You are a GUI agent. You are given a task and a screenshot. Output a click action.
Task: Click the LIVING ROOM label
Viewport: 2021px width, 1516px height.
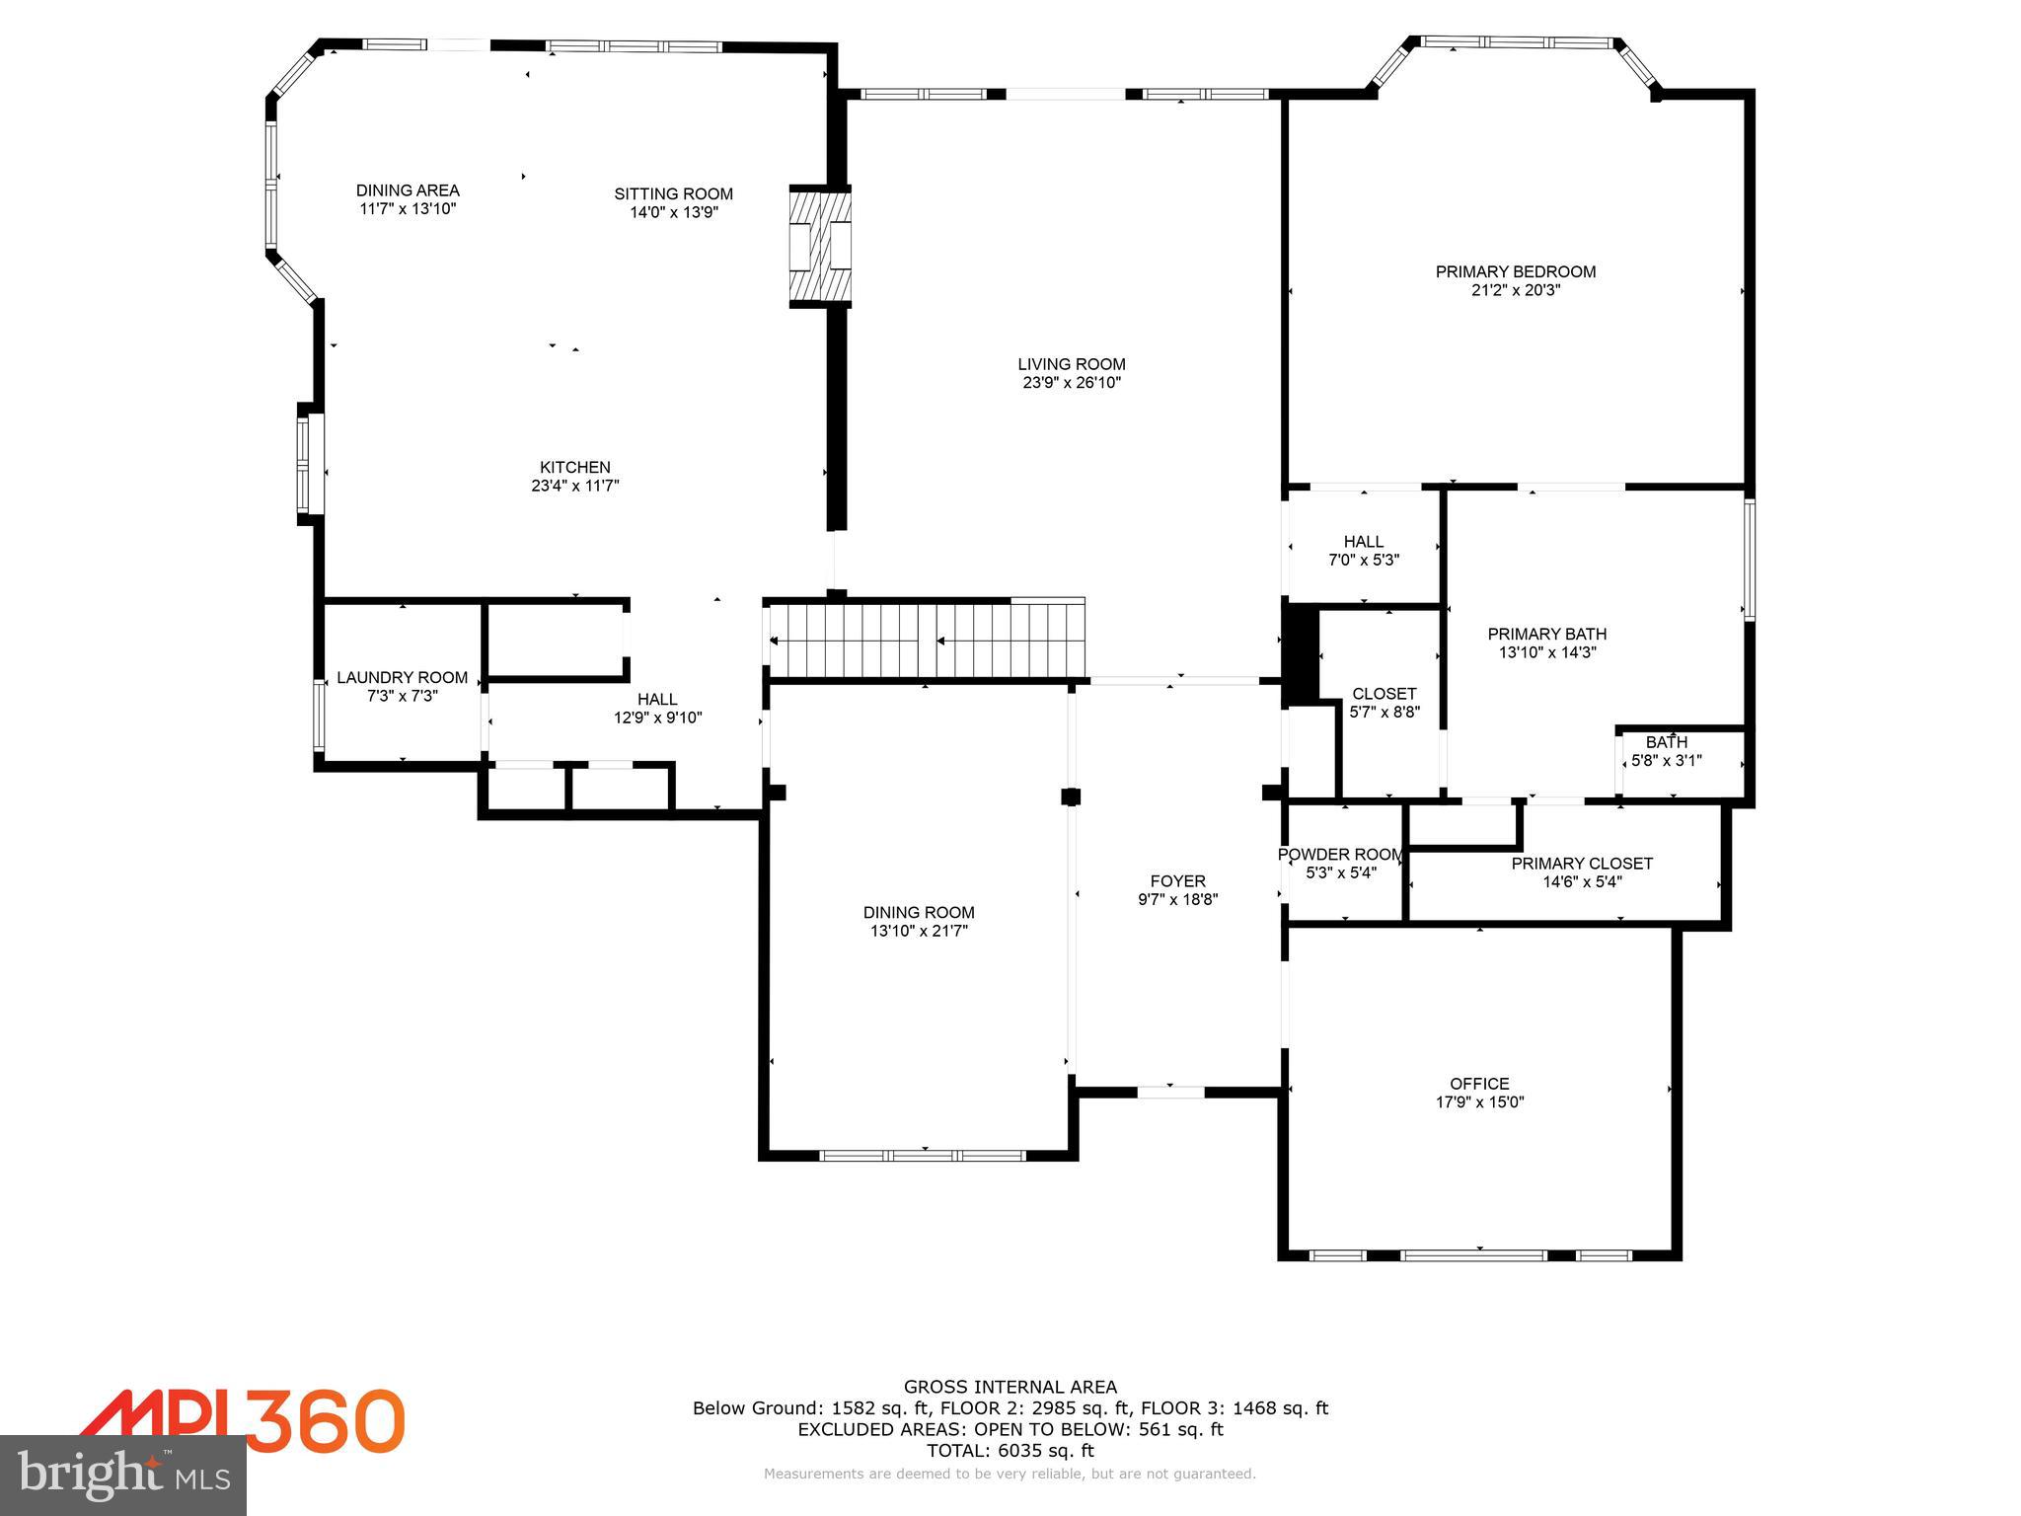pyautogui.click(x=1072, y=364)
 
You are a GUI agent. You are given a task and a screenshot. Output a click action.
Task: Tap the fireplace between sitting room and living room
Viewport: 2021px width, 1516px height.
pyautogui.click(x=820, y=246)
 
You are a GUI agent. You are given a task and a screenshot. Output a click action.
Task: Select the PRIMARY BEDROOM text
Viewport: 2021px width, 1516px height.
pyautogui.click(x=1515, y=271)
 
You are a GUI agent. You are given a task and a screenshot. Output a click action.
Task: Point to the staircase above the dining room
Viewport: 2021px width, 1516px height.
pyautogui.click(x=926, y=640)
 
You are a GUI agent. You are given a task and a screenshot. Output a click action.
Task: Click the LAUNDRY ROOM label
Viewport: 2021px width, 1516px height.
pyautogui.click(x=402, y=677)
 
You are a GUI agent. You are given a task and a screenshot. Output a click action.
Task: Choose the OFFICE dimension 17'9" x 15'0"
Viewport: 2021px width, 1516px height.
pyautogui.click(x=1479, y=1102)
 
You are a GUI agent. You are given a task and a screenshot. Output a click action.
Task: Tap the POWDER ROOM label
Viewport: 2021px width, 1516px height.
pyautogui.click(x=1340, y=855)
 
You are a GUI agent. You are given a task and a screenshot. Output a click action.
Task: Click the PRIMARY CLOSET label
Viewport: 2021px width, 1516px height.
pyautogui.click(x=1581, y=864)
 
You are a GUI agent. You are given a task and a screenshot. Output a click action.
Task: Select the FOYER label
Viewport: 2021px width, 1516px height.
pyautogui.click(x=1177, y=881)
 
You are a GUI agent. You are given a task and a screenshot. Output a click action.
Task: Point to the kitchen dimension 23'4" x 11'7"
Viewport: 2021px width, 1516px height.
pyautogui.click(x=574, y=486)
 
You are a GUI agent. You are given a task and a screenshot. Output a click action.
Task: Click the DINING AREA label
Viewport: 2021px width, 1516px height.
pyautogui.click(x=408, y=190)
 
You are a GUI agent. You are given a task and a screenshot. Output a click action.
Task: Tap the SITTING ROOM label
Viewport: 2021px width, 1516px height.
pyautogui.click(x=673, y=193)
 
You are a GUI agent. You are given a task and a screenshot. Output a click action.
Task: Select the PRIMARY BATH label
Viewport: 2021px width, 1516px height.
pyautogui.click(x=1546, y=634)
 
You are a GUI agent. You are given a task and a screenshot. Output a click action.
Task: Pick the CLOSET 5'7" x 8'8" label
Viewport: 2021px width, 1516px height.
pyautogui.click(x=1384, y=702)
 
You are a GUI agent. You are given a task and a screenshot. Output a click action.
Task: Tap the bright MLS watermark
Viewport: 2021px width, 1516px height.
pyautogui.click(x=123, y=1476)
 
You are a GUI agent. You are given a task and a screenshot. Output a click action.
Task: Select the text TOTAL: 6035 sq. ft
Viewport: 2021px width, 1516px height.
pyautogui.click(x=1010, y=1450)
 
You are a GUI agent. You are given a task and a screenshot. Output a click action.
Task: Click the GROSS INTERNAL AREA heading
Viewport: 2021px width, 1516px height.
pyautogui.click(x=1010, y=1387)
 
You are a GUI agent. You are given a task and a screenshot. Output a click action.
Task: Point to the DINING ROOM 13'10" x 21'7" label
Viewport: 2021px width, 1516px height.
pyautogui.click(x=918, y=921)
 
